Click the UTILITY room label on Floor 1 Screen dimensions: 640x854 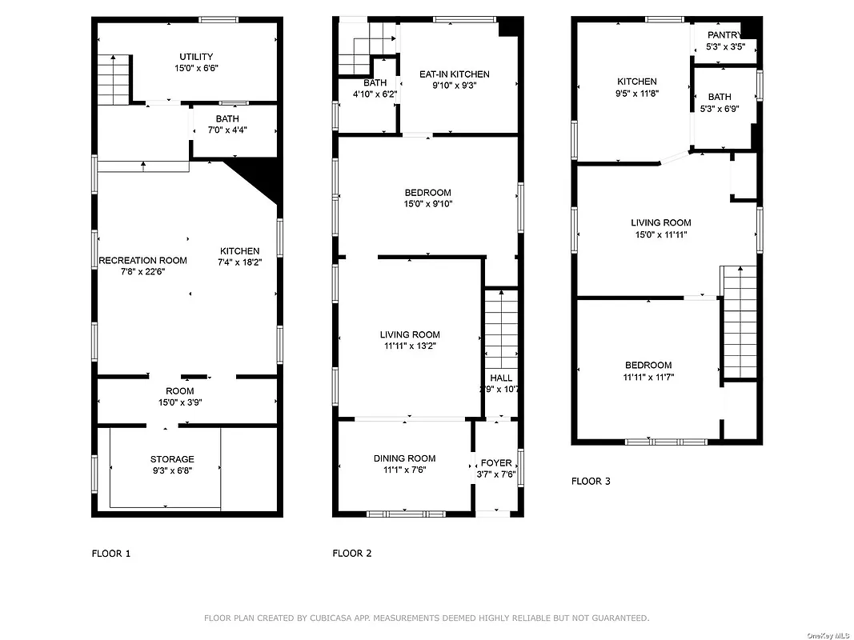pos(196,57)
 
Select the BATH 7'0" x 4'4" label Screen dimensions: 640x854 pos(227,119)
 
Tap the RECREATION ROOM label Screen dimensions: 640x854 pos(142,260)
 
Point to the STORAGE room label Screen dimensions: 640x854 pos(172,459)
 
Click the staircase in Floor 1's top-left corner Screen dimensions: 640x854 pos(114,79)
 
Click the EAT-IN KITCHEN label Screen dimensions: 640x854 pos(454,74)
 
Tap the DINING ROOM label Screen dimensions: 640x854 pos(404,458)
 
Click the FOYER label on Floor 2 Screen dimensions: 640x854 pos(495,463)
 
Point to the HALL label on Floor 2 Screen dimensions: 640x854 pos(501,378)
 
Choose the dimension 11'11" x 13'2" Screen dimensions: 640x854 pos(409,346)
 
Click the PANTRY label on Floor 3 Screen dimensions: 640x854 pos(723,35)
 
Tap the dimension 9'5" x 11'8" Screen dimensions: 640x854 pos(637,93)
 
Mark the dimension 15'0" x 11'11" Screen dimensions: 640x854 pos(660,234)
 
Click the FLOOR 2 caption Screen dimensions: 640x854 pos(351,553)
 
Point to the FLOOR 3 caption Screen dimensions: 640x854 pos(591,481)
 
